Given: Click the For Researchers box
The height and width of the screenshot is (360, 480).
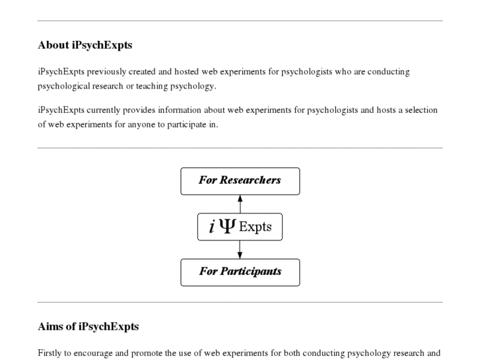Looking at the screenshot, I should tap(240, 180).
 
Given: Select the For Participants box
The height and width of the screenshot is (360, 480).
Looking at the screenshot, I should tap(240, 271).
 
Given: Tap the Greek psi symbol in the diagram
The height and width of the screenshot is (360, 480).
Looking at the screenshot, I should tap(226, 227).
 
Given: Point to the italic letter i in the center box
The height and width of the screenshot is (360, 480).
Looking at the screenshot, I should tap(211, 227).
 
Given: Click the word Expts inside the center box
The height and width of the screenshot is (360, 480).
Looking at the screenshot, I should tap(255, 227).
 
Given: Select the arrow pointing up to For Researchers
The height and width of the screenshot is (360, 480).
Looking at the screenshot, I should tap(240, 199).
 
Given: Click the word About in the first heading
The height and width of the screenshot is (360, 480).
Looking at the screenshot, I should tap(53, 46).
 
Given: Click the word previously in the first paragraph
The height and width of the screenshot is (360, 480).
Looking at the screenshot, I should tap(108, 71).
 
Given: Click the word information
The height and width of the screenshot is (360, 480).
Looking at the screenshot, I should tap(180, 110).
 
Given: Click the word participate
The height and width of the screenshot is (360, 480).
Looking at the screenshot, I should tap(184, 124).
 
